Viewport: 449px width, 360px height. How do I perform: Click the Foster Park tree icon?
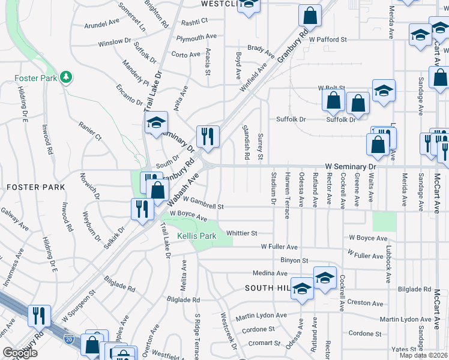click(66, 77)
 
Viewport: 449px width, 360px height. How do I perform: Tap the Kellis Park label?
click(196, 236)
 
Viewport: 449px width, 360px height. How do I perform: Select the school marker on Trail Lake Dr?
click(156, 124)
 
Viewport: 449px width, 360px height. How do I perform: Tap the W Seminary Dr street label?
click(350, 165)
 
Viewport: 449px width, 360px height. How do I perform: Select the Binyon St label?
click(294, 260)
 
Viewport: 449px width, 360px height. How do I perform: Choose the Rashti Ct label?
click(194, 20)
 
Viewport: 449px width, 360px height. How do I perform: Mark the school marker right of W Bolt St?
click(384, 92)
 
